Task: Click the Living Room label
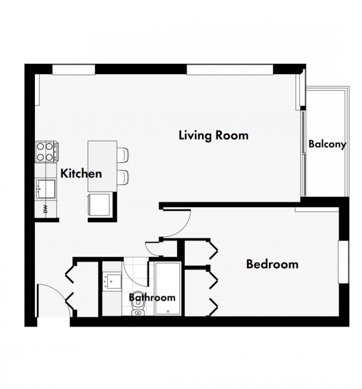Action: tap(214, 136)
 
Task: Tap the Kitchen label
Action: tap(81, 173)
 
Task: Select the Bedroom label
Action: tap(272, 264)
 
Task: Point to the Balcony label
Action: tap(327, 144)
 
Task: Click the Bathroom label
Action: tap(152, 297)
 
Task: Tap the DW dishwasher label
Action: tap(45, 209)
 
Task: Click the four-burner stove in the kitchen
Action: tap(47, 152)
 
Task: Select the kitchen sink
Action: tap(46, 189)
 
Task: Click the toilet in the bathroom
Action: tap(138, 303)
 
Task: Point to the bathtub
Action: tap(168, 288)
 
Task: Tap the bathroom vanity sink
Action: tap(112, 282)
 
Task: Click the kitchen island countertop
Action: tap(102, 166)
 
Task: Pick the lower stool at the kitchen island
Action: tap(123, 178)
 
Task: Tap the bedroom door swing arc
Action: tap(183, 230)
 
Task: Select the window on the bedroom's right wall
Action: tap(344, 262)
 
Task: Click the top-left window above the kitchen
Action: tap(74, 70)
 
